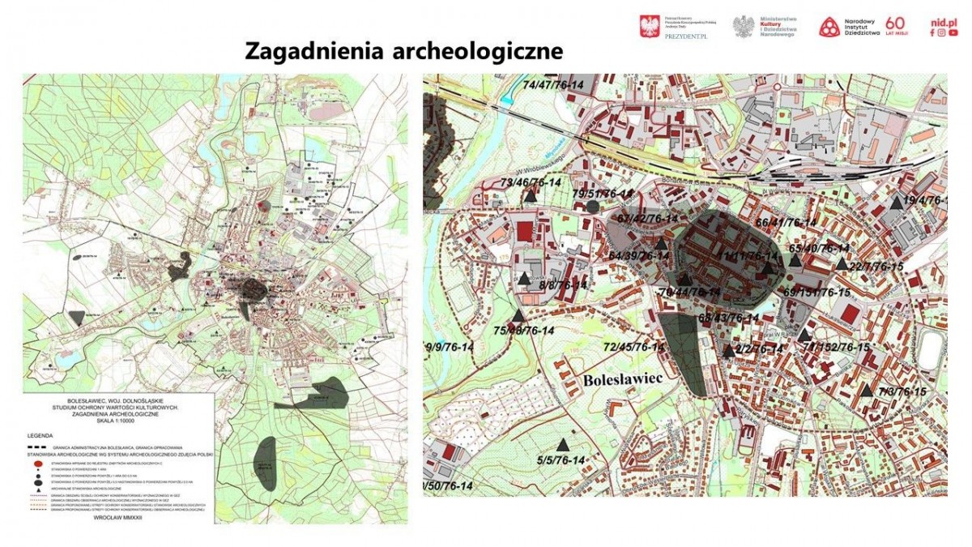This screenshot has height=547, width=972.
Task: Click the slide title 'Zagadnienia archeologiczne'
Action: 404,51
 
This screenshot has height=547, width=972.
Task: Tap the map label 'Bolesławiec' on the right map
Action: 621,378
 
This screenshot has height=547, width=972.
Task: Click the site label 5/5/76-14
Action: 561,461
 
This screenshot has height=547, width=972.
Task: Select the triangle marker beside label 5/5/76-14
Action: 563,445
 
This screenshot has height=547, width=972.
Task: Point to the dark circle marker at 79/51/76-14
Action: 593,206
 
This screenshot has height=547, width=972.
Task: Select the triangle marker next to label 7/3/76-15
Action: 867,391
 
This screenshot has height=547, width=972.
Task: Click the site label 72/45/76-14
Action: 634,348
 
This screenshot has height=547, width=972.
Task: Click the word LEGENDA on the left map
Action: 40,435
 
